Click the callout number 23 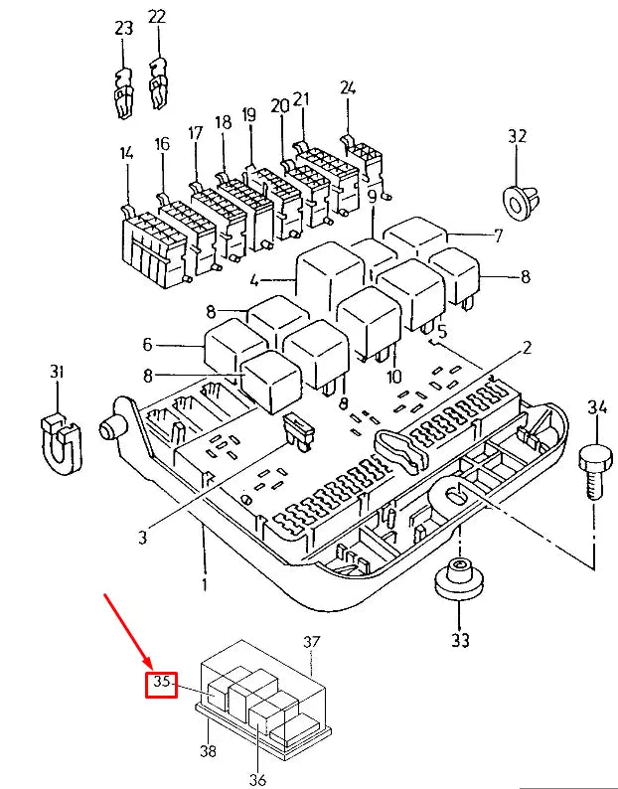[123, 30]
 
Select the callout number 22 [157, 17]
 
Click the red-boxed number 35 [161, 684]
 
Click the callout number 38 [207, 752]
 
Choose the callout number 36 [257, 779]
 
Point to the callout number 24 [347, 86]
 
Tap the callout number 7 [498, 236]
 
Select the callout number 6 [147, 345]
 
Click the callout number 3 [142, 538]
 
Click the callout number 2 [528, 347]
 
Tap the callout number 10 [393, 376]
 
